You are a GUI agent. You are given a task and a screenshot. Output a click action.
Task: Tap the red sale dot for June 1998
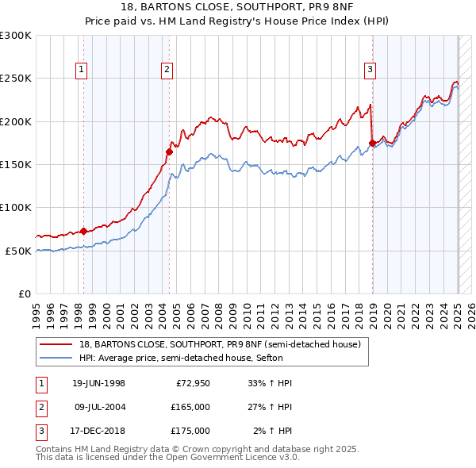(84, 231)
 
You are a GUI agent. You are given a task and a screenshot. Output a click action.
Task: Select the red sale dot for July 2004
(169, 152)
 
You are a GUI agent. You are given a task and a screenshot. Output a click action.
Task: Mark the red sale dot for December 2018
(372, 144)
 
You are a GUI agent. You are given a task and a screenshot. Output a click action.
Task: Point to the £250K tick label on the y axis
(16, 79)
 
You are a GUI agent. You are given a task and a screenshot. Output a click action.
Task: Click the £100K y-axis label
(16, 207)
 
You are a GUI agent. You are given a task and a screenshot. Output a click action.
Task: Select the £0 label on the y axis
(24, 293)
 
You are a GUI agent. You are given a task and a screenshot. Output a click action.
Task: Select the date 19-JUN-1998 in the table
(98, 384)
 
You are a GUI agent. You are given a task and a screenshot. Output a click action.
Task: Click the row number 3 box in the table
(40, 431)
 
